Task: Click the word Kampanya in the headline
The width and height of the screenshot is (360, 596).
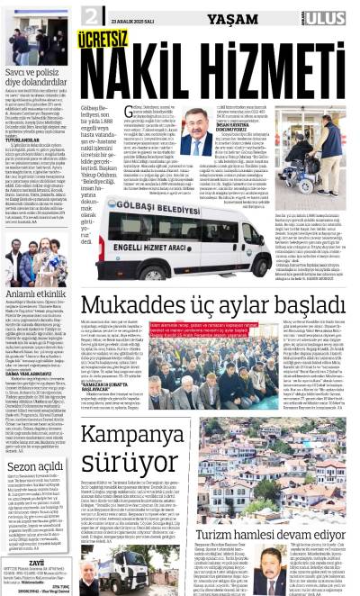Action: [149, 438]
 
